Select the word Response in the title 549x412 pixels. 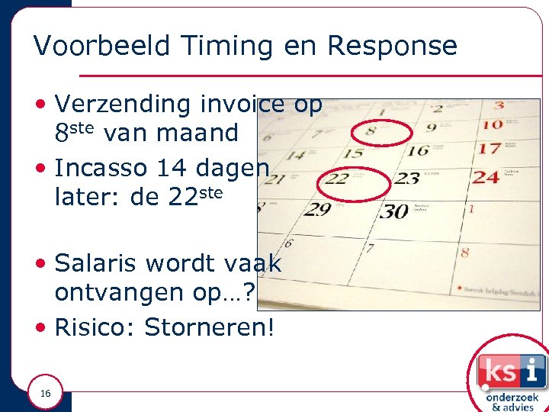[392, 47]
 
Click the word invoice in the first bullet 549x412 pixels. [242, 104]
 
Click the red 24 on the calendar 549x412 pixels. [486, 177]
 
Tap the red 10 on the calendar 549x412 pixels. [492, 124]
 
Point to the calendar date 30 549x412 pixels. [394, 211]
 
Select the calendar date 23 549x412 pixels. [406, 180]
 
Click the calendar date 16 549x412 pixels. [418, 150]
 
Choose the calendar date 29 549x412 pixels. [318, 209]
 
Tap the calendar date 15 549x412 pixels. [352, 153]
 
